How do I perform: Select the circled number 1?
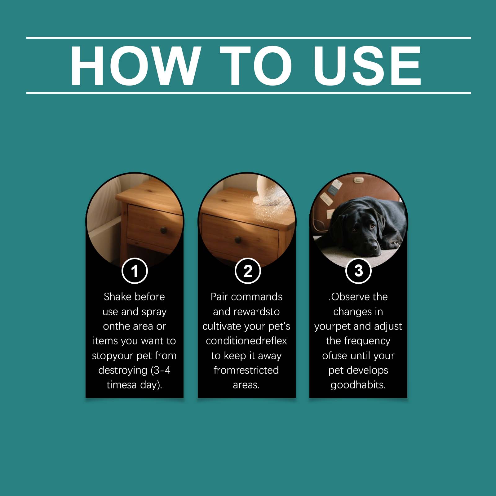(x=135, y=271)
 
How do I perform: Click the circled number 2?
(x=248, y=271)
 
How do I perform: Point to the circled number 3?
(x=358, y=271)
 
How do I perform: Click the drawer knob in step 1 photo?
(x=163, y=230)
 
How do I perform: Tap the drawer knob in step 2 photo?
(x=238, y=240)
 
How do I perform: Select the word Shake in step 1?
(x=117, y=297)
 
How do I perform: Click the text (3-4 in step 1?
(x=160, y=370)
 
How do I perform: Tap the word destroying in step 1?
(x=123, y=370)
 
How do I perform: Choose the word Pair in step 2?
(x=219, y=297)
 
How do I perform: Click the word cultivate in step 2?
(x=222, y=326)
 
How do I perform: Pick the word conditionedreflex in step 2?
(x=246, y=341)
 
